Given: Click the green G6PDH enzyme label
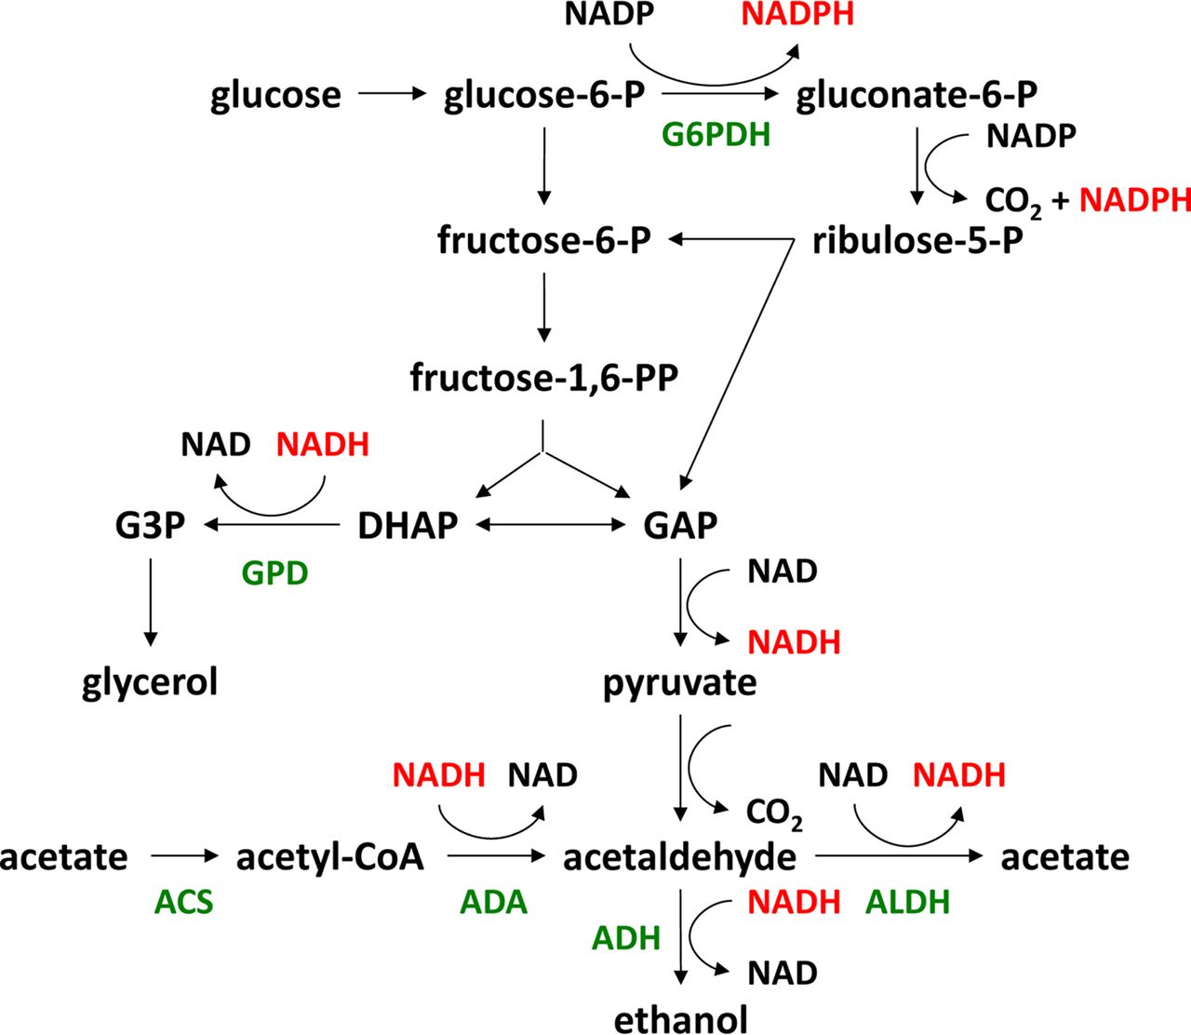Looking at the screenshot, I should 716,136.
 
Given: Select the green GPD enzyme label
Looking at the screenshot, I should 274,573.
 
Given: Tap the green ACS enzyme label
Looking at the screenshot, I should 183,902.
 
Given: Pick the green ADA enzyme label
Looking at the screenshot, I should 493,902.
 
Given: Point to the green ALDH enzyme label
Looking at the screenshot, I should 907,902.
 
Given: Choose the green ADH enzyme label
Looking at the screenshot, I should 626,938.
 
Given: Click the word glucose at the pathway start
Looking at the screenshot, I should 275,95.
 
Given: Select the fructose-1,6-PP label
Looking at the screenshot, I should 544,379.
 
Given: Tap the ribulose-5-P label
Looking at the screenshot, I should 917,241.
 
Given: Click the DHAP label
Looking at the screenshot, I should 408,526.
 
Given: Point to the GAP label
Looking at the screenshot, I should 680,526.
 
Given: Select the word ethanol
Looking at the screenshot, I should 680,1019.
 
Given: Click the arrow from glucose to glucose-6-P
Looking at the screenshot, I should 391,94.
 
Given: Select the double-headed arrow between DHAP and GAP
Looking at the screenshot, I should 551,525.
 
